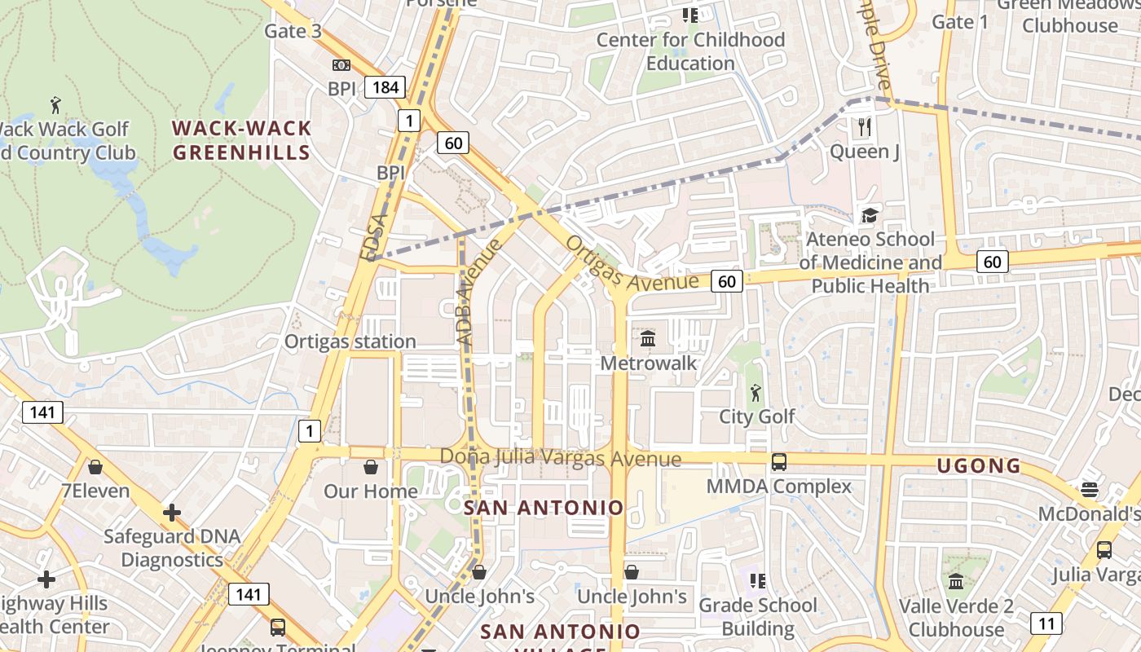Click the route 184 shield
[x=385, y=87]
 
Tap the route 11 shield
[x=1046, y=623]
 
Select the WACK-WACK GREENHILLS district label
[x=242, y=140]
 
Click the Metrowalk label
[x=649, y=363]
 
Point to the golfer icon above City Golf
[x=756, y=392]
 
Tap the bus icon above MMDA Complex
[x=778, y=462]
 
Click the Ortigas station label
[x=350, y=341]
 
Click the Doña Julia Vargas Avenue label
[x=560, y=458]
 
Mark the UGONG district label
[x=979, y=466]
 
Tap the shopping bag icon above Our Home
[x=371, y=467]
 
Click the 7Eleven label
[x=95, y=491]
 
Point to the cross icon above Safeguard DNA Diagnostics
[x=171, y=513]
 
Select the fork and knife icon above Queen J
[x=865, y=127]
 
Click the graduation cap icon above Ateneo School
[x=870, y=215]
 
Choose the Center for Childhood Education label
[x=690, y=51]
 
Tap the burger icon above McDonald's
[x=1089, y=490]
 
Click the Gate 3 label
[x=293, y=32]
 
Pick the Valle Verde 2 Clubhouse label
[x=956, y=618]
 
